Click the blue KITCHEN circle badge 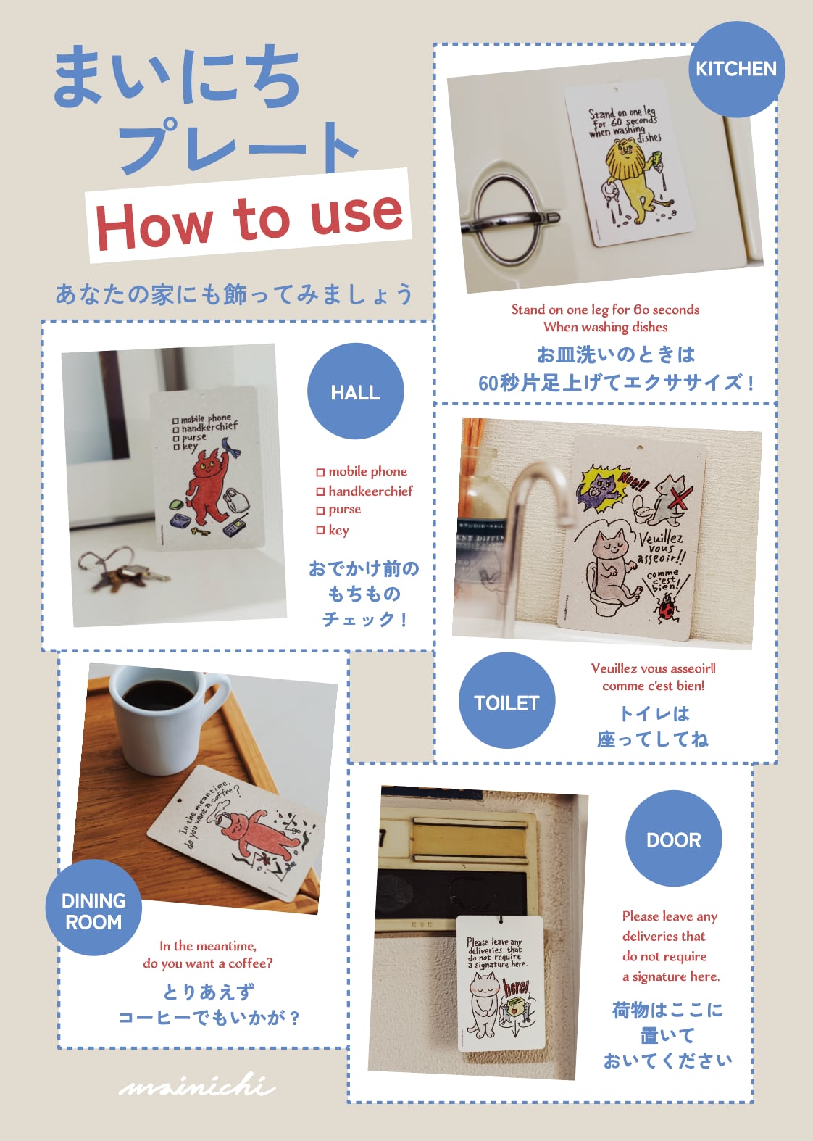735,70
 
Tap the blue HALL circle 355,391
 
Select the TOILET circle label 506,702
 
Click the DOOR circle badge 673,839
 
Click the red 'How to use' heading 249,217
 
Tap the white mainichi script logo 197,1085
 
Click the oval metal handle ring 507,217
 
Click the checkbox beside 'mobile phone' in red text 320,473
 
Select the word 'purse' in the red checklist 344,510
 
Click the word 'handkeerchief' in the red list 370,491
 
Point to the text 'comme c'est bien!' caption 653,686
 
